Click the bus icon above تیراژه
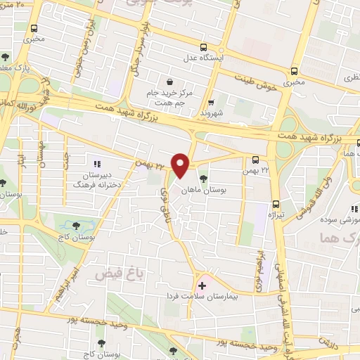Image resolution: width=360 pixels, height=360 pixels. point(277,186)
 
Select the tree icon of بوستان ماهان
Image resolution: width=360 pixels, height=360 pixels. point(203,178)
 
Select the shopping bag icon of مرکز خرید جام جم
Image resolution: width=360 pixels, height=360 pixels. point(169,82)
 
